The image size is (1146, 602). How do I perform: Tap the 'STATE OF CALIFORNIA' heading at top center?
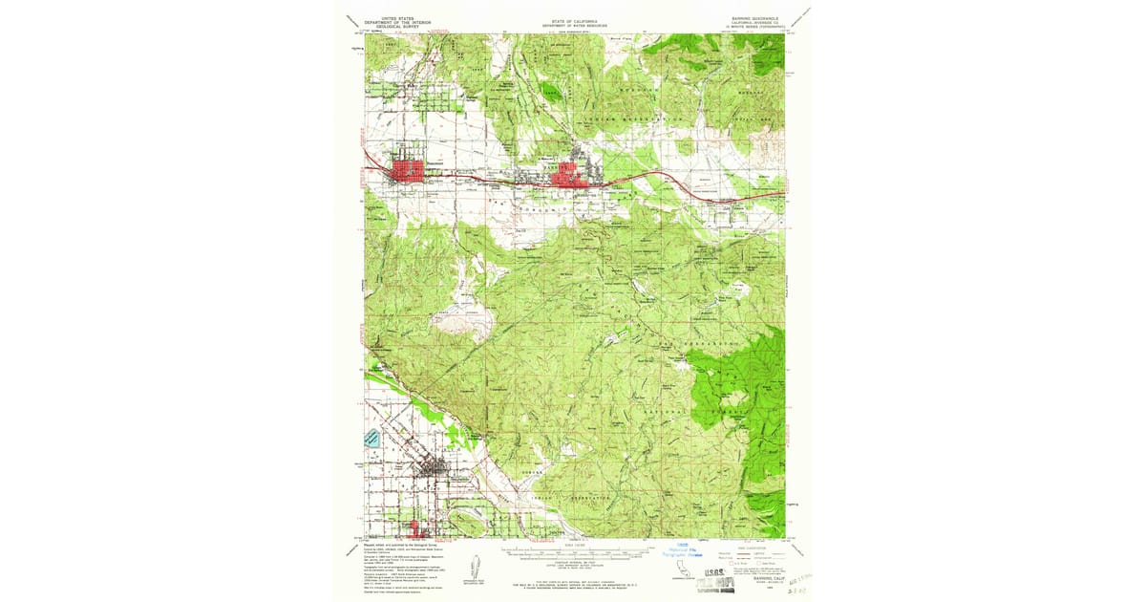tap(574, 17)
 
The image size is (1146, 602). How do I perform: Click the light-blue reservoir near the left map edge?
tap(371, 440)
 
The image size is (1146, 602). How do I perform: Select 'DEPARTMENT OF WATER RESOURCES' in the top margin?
tap(574, 23)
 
